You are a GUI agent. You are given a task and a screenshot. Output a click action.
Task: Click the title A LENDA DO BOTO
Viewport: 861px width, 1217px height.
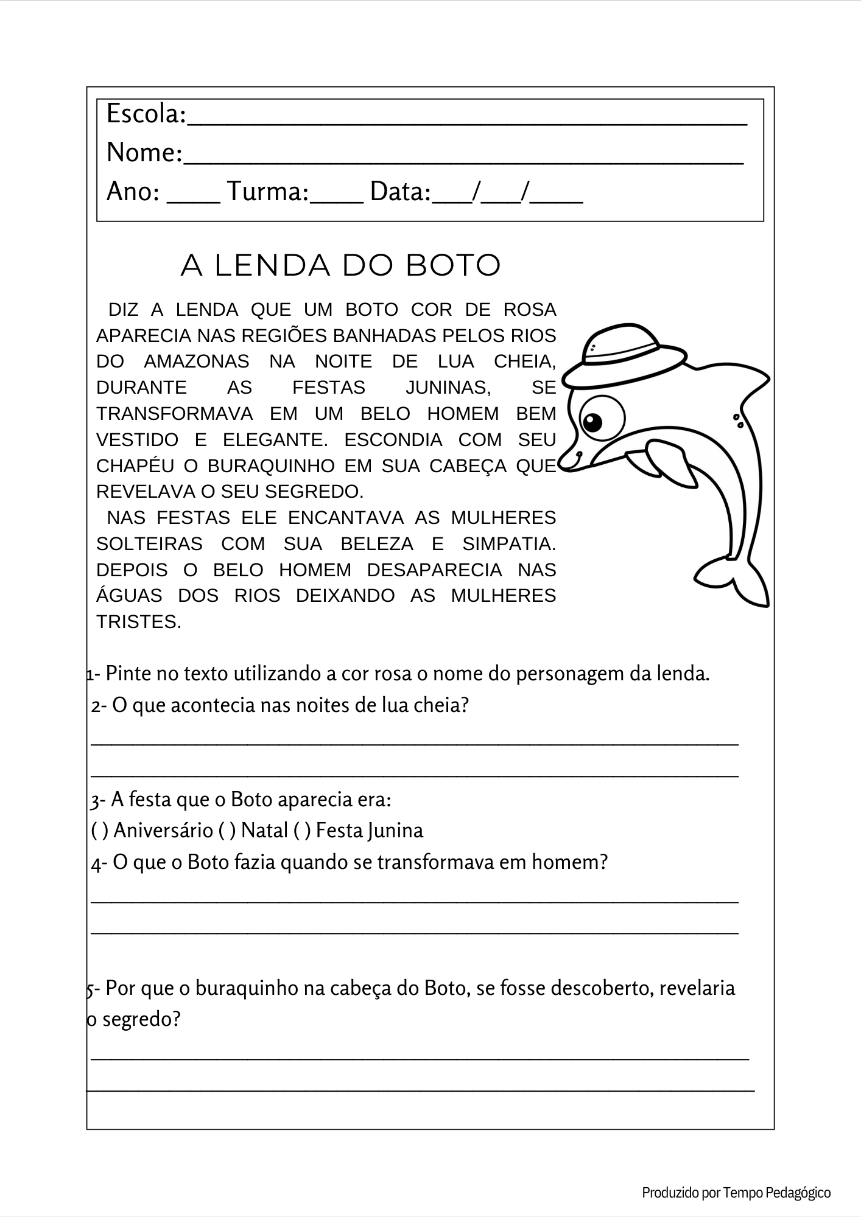pos(340,265)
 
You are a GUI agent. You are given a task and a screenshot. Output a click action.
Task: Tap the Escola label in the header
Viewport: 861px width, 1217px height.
pos(146,114)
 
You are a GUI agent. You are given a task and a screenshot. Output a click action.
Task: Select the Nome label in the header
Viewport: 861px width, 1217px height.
pos(144,153)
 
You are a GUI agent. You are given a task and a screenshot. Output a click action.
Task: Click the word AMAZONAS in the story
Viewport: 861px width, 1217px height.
pos(197,361)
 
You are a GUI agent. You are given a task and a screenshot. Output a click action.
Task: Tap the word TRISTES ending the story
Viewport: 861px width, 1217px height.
pos(139,622)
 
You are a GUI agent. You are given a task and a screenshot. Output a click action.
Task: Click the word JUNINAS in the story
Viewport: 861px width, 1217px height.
pos(448,388)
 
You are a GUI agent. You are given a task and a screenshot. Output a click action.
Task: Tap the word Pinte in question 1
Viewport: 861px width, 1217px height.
pos(128,674)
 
